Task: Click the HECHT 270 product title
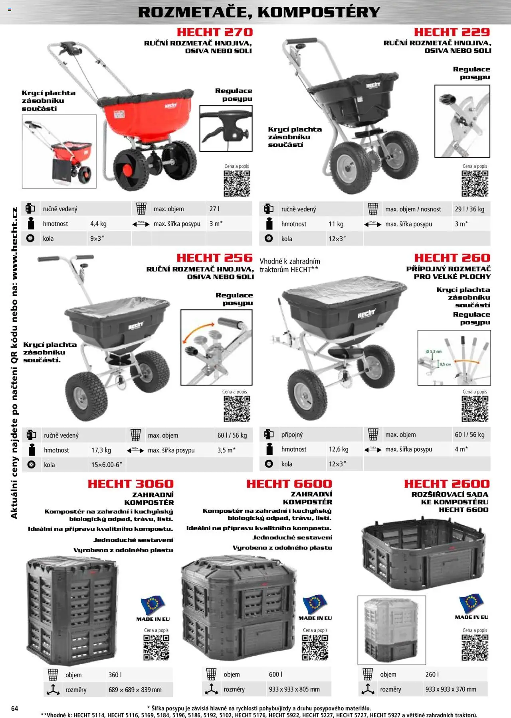[x=215, y=32]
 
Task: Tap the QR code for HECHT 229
[x=475, y=183]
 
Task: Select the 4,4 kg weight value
[x=98, y=224]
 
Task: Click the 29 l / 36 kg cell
[x=469, y=209]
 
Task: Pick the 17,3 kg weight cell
[x=101, y=450]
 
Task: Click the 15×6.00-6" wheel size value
[x=107, y=465]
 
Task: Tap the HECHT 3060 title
[x=131, y=484]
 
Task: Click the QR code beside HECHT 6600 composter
[x=315, y=647]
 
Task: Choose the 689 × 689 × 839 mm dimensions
[x=135, y=690]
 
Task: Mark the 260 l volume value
[x=432, y=675]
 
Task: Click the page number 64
[x=15, y=708]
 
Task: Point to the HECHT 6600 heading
[x=289, y=484]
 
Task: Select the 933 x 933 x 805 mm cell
[x=294, y=689]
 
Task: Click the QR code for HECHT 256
[x=237, y=409]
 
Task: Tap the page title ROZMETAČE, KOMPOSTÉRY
[x=259, y=12]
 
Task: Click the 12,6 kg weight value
[x=339, y=449]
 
